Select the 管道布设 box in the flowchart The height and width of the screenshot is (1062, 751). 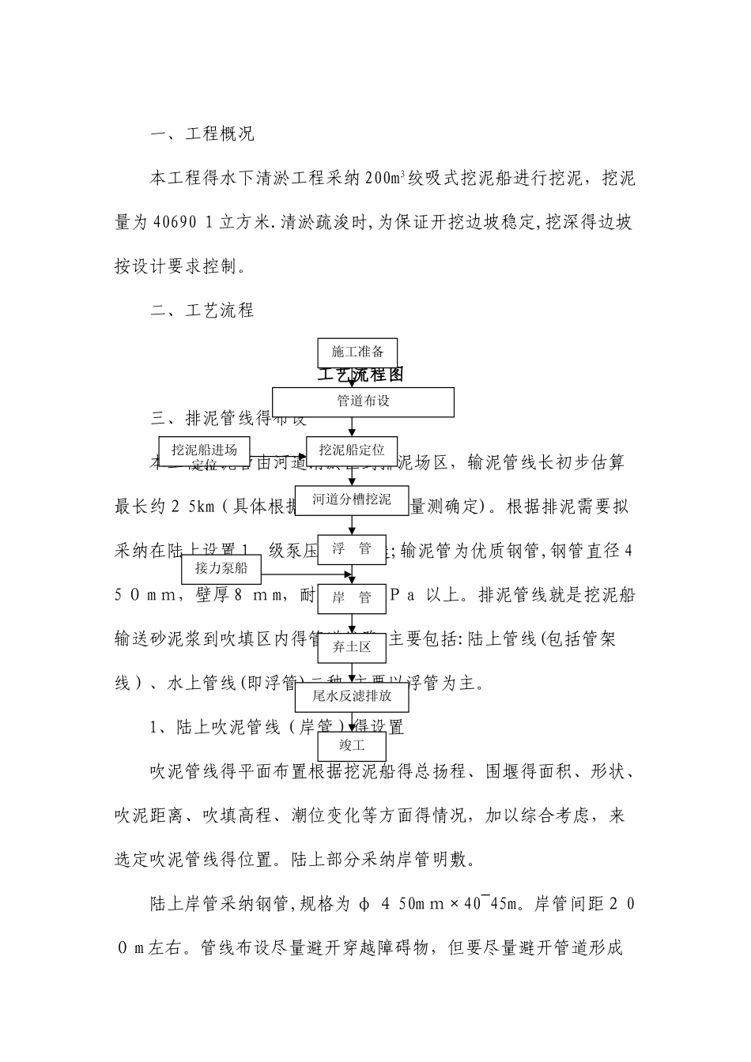click(364, 401)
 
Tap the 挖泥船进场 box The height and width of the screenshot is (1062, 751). click(204, 450)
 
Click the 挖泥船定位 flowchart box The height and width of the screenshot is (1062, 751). click(352, 450)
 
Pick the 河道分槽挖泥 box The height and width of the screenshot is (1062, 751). click(352, 499)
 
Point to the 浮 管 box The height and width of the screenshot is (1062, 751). click(352, 549)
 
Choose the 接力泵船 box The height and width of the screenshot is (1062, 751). click(221, 567)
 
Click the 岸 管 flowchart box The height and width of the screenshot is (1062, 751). click(352, 598)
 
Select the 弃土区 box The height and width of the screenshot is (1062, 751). click(352, 648)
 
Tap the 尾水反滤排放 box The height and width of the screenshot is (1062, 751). click(353, 697)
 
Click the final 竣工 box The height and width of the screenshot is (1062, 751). click(352, 746)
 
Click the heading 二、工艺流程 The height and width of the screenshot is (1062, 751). click(202, 311)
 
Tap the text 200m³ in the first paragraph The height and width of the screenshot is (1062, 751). click(386, 179)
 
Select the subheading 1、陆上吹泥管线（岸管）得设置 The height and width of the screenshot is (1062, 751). click(277, 727)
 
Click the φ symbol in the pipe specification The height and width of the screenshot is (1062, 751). click(363, 903)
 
